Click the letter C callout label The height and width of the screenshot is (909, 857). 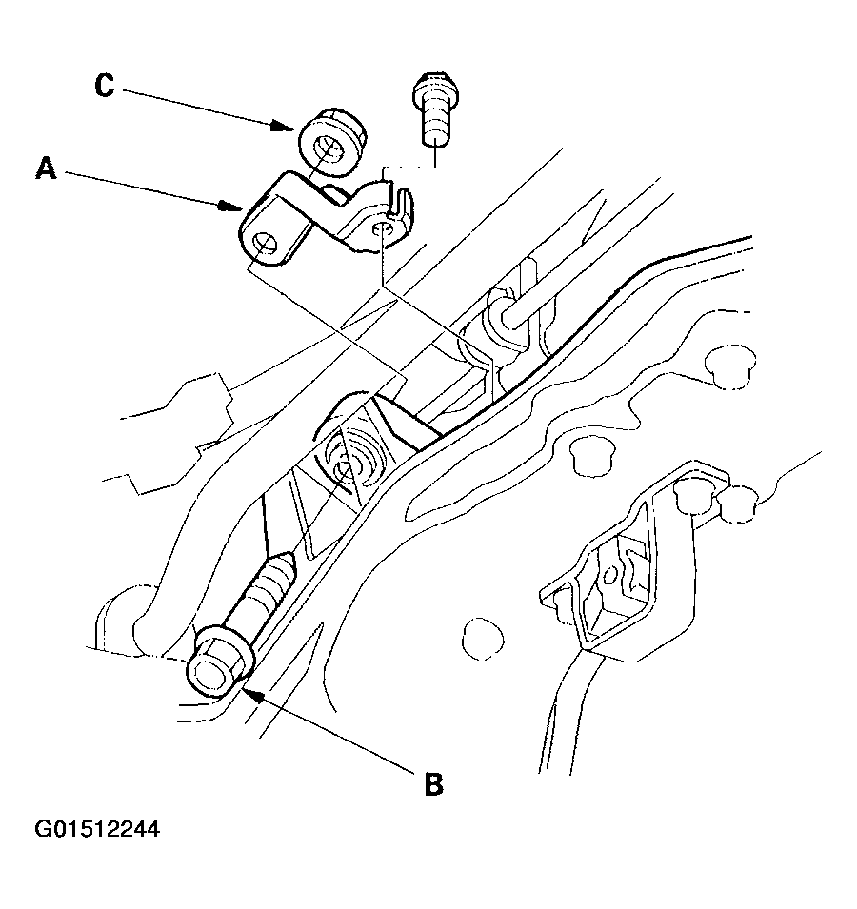click(105, 86)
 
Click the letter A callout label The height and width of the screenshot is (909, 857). click(47, 168)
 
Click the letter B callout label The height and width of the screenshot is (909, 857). click(433, 783)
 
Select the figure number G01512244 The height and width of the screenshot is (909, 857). click(97, 829)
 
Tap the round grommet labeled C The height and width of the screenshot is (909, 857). click(331, 143)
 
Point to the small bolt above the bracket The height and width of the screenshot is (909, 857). click(436, 109)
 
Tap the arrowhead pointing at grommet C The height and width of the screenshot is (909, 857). click(284, 126)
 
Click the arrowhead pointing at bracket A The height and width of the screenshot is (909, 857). click(230, 207)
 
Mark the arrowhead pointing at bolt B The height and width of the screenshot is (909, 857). click(250, 688)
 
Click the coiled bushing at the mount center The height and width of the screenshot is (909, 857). click(351, 456)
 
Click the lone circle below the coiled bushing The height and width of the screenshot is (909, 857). click(484, 640)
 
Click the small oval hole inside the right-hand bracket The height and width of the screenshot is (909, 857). click(610, 575)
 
